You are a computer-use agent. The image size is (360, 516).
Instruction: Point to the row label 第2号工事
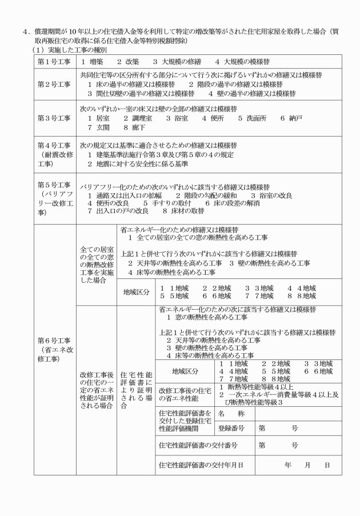(x=54, y=83)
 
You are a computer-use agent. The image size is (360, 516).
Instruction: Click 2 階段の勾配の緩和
(x=199, y=195)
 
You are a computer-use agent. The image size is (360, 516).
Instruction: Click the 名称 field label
(x=231, y=413)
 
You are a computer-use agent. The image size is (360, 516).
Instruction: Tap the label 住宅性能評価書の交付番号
(x=198, y=445)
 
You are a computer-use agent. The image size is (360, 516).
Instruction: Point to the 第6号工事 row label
(x=54, y=350)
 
